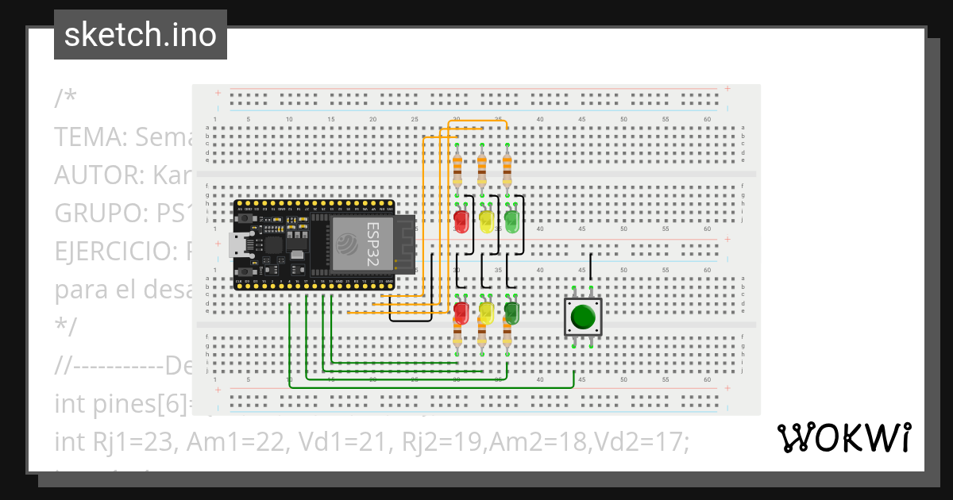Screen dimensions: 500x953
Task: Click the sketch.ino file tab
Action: pos(141,36)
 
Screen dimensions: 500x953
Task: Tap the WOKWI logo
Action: pos(843,438)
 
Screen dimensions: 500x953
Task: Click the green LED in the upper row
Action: pos(511,220)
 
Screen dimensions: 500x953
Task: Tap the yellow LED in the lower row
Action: pos(485,311)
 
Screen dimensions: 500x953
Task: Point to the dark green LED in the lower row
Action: pos(511,312)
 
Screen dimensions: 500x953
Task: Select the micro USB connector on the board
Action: pos(237,245)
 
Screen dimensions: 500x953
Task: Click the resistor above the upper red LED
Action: pos(457,169)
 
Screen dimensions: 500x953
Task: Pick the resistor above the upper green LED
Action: pos(507,169)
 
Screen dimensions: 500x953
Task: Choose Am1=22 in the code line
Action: pos(233,442)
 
